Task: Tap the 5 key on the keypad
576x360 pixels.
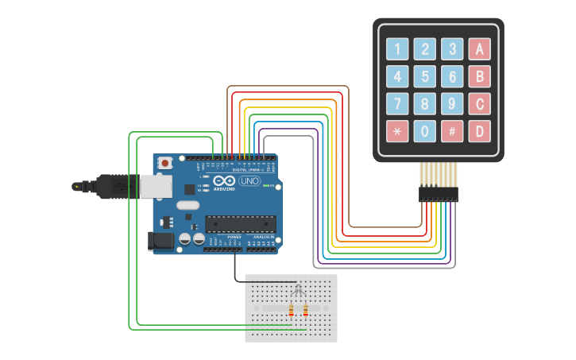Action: [425, 76]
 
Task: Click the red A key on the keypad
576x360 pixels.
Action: [479, 49]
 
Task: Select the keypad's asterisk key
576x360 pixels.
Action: [397, 130]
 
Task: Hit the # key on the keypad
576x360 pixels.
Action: [452, 130]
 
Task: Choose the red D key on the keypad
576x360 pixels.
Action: [479, 130]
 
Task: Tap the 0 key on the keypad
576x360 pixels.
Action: [425, 130]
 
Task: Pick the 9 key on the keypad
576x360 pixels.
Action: [452, 103]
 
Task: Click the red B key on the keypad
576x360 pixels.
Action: [479, 76]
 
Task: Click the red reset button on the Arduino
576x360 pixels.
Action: [164, 163]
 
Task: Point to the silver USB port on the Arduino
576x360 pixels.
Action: [155, 186]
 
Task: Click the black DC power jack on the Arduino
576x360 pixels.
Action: [161, 241]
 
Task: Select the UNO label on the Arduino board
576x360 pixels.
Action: [249, 181]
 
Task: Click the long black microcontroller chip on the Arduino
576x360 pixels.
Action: [241, 225]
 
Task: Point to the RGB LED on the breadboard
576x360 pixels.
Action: [298, 287]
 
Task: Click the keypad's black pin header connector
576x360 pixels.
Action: [439, 194]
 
